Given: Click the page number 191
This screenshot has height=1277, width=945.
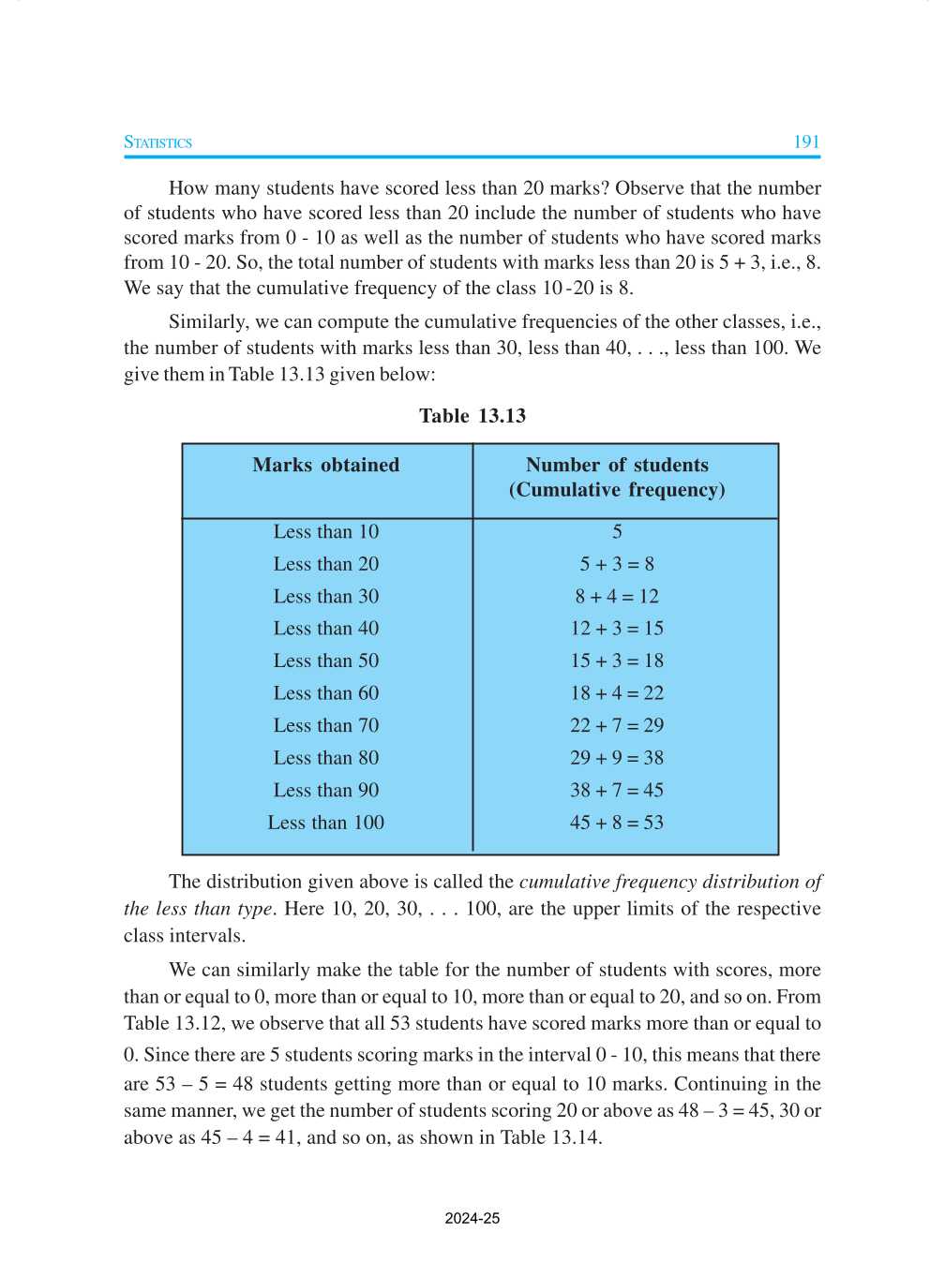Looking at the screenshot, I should (805, 142).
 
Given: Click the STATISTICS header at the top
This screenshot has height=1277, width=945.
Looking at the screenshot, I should (157, 142).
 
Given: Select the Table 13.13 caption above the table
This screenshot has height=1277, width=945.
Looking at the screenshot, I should (472, 416).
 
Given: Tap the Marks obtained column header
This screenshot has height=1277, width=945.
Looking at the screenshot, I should (325, 465).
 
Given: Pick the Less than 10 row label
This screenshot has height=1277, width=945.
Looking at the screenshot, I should (325, 532).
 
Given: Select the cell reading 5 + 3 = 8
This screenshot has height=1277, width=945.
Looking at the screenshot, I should (616, 564).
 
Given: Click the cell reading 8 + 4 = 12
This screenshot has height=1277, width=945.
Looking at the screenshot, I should (616, 597).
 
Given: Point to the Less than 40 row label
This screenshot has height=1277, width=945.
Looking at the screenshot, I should (325, 629).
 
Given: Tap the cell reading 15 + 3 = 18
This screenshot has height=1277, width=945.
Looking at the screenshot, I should (616, 661).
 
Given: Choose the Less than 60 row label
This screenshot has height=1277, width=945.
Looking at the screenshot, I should (325, 693).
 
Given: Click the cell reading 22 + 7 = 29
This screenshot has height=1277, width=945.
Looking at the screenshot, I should (616, 726).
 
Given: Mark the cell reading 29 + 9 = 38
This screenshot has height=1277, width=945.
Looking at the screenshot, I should (616, 758).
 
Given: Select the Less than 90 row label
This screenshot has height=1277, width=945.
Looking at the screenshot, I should (325, 791).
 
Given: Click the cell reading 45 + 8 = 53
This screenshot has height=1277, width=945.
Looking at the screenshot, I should (616, 823).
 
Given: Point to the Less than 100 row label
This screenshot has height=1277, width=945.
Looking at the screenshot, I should (325, 823).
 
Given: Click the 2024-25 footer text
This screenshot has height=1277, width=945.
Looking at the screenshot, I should (472, 1219).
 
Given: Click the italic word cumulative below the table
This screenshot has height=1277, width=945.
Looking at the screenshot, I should (564, 882).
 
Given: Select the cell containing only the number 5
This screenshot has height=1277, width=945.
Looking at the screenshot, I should (617, 532).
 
